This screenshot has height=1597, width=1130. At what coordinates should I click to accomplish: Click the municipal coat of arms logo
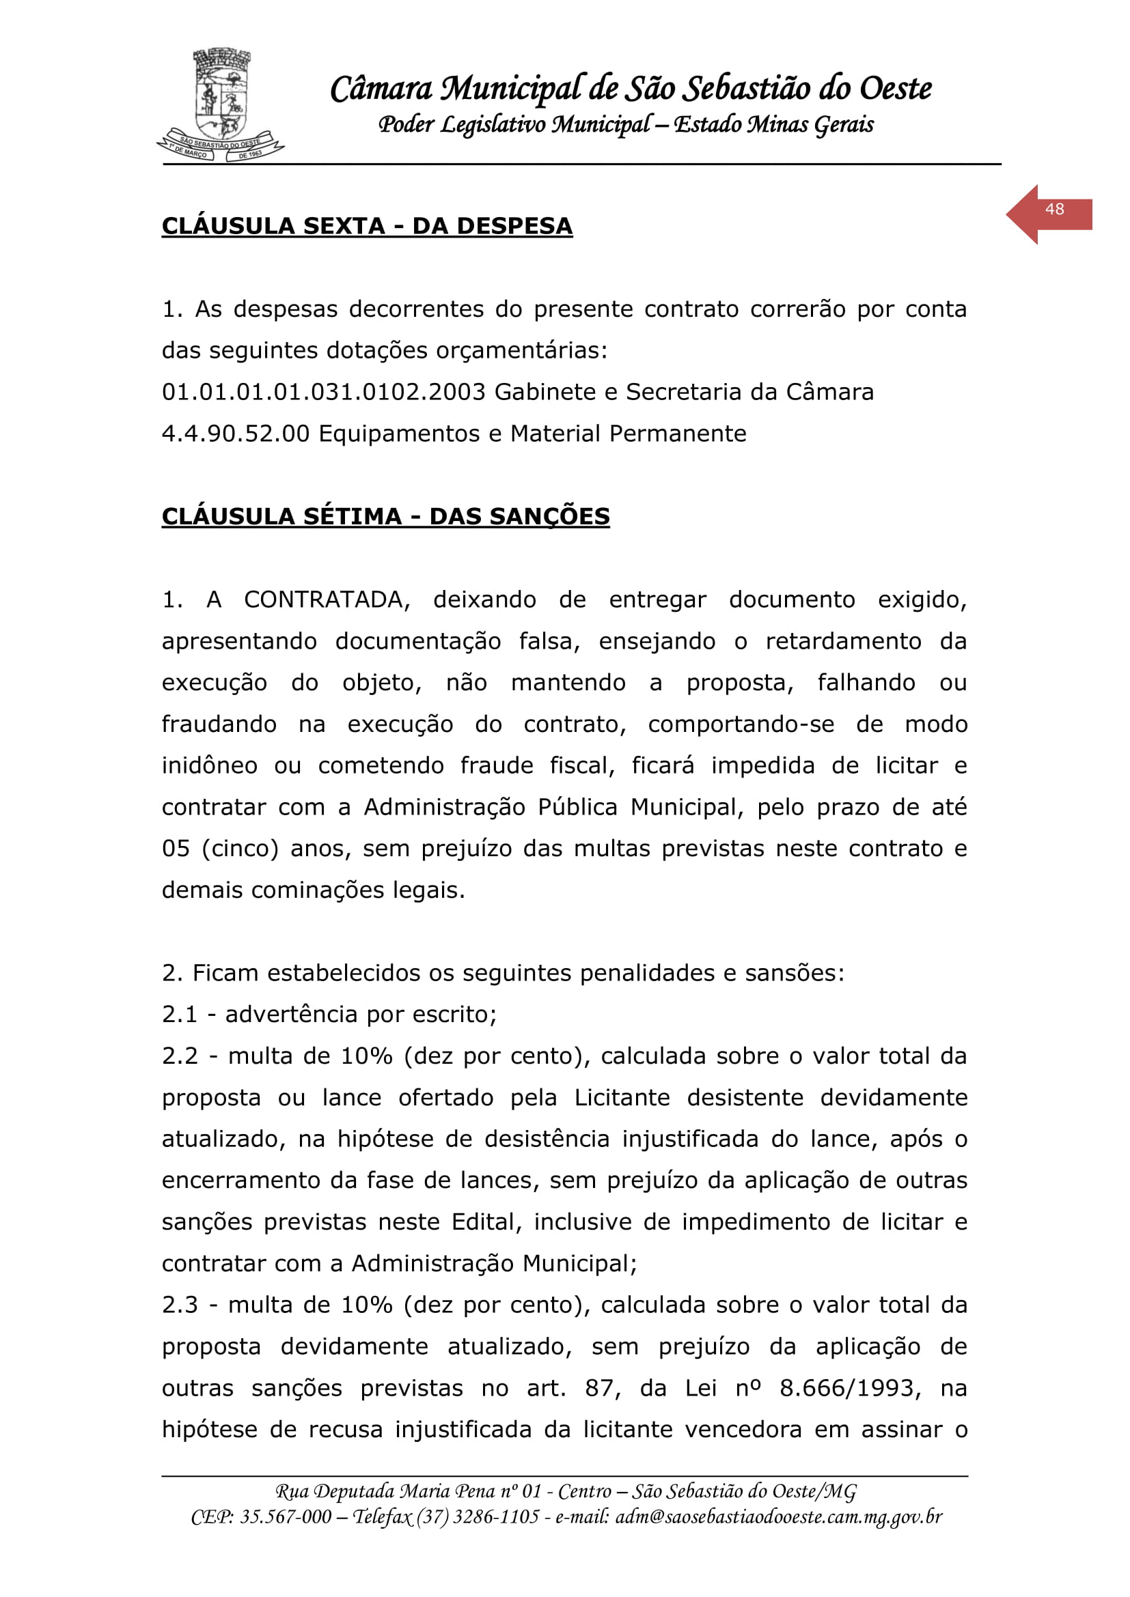pyautogui.click(x=221, y=104)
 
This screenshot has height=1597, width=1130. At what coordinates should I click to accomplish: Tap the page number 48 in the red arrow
pyautogui.click(x=1054, y=210)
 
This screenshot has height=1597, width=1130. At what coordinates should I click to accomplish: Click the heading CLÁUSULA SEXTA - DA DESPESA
pyautogui.click(x=367, y=226)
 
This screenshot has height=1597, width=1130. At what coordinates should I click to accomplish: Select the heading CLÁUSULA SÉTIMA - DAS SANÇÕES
pyautogui.click(x=385, y=516)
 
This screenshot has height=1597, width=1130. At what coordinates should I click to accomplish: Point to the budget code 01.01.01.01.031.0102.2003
pyautogui.click(x=324, y=393)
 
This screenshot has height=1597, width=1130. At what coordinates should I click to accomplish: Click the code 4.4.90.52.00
pyautogui.click(x=235, y=434)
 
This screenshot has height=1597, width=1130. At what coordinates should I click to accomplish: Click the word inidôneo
pyautogui.click(x=210, y=766)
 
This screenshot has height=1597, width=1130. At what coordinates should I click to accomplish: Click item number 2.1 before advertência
pyautogui.click(x=180, y=1015)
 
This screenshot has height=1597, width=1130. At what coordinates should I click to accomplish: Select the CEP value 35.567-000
pyautogui.click(x=286, y=1516)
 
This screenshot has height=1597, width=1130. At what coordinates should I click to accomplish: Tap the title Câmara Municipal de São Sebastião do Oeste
pyautogui.click(x=631, y=89)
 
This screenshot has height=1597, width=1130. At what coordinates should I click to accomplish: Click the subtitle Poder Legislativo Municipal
pyautogui.click(x=515, y=124)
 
